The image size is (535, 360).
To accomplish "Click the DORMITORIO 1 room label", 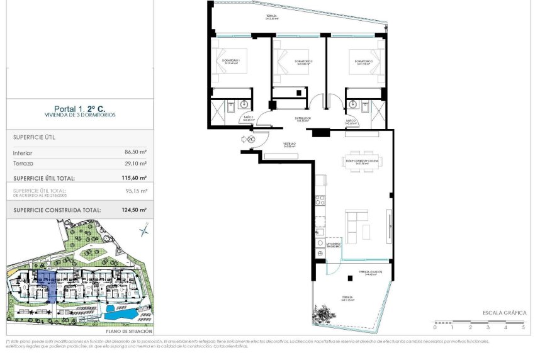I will click(235, 62).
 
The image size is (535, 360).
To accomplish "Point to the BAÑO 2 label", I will click(351, 121).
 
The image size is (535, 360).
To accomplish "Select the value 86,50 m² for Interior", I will click(135, 152).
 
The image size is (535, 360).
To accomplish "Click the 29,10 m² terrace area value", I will click(135, 163).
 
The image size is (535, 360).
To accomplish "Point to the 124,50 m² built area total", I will click(133, 210).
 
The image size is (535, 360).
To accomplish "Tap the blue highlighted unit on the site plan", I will click(48, 281).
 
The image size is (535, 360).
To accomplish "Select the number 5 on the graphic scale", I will click(523, 327).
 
